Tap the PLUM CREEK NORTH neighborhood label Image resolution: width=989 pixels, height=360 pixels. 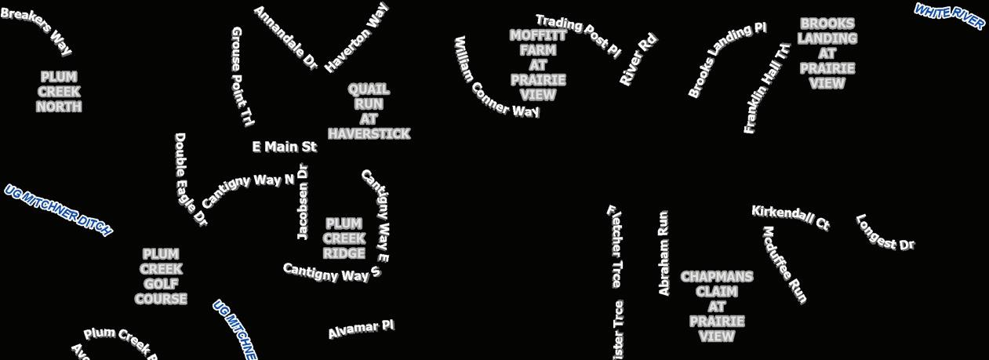[x=59, y=92]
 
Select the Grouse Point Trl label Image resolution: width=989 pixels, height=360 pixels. [x=242, y=76]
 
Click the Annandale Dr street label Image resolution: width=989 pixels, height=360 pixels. [x=285, y=38]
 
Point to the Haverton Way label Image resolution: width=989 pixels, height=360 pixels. [x=357, y=38]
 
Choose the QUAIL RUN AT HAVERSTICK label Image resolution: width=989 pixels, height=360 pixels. [x=369, y=111]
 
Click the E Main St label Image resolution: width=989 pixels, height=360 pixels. [x=284, y=147]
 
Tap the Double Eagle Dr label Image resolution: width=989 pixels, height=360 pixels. [x=189, y=180]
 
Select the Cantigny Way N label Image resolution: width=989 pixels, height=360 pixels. [x=248, y=187]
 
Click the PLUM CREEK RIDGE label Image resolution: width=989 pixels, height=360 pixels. [x=344, y=238]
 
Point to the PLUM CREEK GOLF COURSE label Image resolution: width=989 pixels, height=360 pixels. [x=161, y=276]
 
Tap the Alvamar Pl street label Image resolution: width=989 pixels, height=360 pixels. [x=361, y=329]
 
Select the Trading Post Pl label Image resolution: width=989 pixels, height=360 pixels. [x=578, y=35]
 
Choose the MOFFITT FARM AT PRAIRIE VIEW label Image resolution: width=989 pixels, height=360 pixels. [x=538, y=65]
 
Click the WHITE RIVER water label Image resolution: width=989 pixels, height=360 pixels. [x=949, y=16]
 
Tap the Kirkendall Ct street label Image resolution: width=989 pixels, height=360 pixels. [x=790, y=217]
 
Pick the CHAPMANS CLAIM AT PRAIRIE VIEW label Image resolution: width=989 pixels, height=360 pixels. [x=717, y=307]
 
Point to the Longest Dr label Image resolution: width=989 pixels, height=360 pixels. [x=885, y=233]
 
